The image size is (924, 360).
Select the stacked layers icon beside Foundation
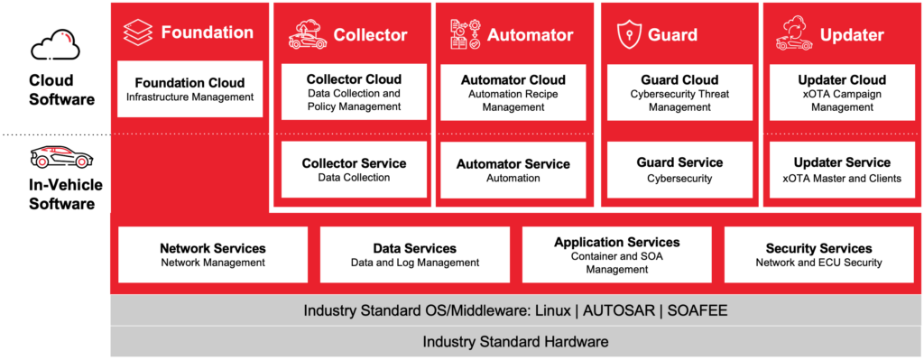point(137,33)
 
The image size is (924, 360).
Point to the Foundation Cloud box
point(189,89)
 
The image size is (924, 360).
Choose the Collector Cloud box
point(354,92)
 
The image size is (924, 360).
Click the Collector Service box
point(354,170)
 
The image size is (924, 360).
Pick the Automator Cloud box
point(513,92)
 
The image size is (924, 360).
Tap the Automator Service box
point(513,170)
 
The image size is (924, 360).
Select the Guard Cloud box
point(679,92)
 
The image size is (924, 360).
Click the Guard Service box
point(679,170)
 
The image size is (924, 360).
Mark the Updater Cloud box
point(841,92)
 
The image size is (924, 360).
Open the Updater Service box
point(841,170)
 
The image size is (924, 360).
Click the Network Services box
point(213,254)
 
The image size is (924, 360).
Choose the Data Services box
point(414,254)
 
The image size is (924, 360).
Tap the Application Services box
point(616,254)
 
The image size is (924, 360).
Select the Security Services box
point(818,254)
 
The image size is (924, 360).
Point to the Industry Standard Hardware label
point(515,342)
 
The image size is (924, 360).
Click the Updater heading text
point(852,35)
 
